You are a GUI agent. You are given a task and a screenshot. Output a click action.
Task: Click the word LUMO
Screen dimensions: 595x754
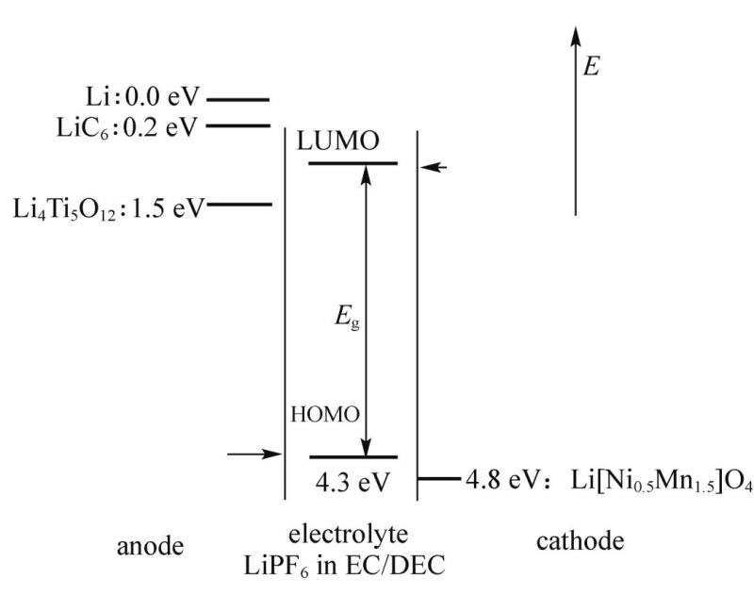(338, 141)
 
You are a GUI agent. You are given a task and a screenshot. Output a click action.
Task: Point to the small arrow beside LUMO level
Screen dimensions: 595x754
(434, 167)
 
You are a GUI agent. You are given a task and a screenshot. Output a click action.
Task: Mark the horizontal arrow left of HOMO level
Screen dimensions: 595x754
(254, 455)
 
